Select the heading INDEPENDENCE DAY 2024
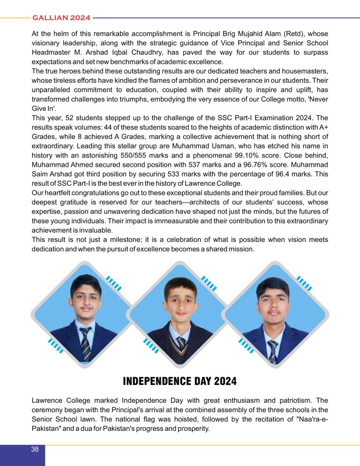click(x=180, y=381)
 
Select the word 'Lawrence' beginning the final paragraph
click(x=48, y=401)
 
